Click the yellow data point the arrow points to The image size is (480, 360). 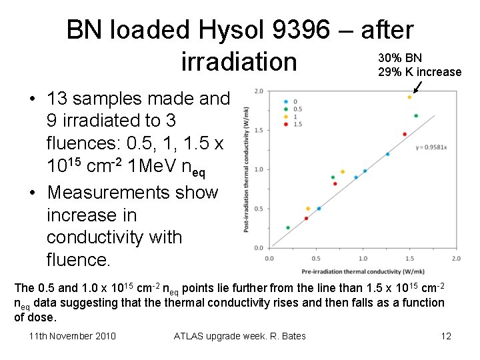409,97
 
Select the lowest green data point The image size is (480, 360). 288,228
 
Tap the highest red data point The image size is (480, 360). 405,135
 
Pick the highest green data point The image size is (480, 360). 416,116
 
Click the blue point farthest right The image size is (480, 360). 387,154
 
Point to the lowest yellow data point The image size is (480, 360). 307,209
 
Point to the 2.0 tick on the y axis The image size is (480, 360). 258,91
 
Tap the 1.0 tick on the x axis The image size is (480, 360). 363,258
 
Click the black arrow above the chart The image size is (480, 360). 418,87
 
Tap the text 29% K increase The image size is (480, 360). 419,72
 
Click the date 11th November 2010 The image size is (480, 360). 73,335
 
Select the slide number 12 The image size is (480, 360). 446,335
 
